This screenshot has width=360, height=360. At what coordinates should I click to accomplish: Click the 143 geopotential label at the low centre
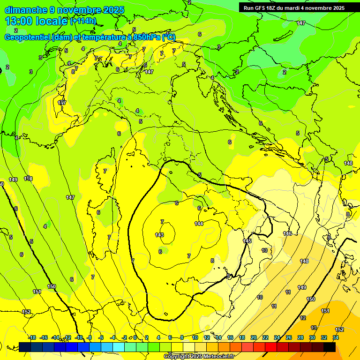(159, 235)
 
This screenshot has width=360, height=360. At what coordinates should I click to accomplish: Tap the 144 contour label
(199, 224)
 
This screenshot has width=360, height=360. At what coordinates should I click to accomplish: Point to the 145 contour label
(247, 241)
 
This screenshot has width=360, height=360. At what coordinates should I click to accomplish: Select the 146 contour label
(287, 233)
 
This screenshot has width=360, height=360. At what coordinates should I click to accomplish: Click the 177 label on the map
(62, 103)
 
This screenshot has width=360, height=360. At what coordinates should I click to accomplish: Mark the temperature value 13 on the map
(314, 328)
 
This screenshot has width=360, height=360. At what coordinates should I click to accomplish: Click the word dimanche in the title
(26, 10)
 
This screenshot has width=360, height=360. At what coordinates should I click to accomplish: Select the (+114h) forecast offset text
(83, 21)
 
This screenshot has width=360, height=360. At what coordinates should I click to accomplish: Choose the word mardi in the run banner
(297, 8)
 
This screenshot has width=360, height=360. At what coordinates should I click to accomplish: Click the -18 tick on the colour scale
(32, 338)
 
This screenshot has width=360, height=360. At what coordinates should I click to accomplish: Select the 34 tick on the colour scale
(336, 338)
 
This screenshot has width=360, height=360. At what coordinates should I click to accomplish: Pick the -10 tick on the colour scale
(79, 338)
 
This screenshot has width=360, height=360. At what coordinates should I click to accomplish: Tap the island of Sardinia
(98, 225)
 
